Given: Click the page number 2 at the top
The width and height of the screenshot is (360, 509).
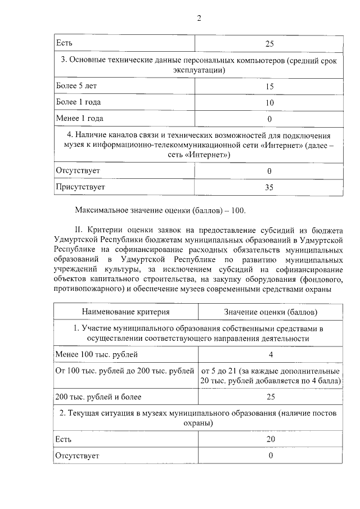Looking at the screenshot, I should click(199, 18).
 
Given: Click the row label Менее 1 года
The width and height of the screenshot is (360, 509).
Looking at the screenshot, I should click(80, 119).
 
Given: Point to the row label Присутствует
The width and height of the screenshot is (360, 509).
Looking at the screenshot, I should click(80, 186).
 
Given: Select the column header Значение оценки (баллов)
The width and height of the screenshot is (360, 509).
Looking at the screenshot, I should click(270, 311).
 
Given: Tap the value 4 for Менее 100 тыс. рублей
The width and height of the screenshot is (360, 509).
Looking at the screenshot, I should click(271, 354).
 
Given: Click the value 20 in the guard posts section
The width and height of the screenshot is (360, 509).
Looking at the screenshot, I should click(270, 439).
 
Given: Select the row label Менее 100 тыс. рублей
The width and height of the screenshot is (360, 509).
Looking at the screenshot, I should click(96, 354).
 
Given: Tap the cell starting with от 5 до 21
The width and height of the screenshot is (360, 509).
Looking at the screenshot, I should click(270, 376).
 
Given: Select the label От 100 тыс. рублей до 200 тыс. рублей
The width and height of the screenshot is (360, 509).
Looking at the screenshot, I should click(124, 371).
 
